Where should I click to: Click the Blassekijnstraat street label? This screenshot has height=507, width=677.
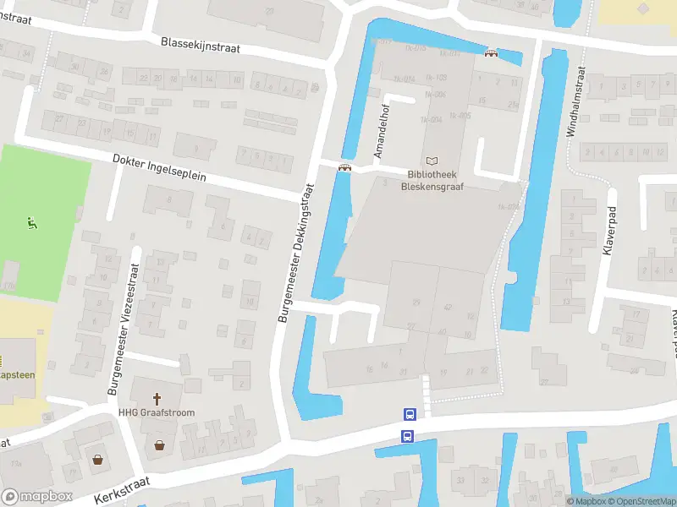[201, 45]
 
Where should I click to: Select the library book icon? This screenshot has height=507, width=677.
[433, 160]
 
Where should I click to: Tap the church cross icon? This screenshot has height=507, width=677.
[157, 398]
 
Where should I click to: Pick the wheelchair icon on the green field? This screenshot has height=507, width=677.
[32, 224]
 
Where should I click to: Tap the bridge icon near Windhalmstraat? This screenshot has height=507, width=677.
[490, 53]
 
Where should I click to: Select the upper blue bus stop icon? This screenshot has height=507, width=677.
[410, 415]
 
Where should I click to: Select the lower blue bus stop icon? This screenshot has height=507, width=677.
[407, 436]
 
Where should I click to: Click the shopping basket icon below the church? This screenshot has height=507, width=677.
[158, 444]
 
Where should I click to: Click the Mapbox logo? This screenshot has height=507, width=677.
[36, 497]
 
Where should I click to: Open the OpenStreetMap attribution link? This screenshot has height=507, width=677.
[644, 502]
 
